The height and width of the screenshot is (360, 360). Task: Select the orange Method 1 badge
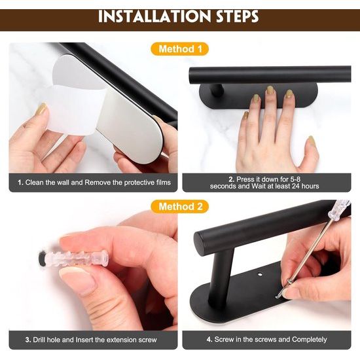click(180, 49)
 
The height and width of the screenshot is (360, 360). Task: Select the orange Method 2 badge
click(180, 206)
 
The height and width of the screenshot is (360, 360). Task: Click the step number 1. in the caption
click(20, 183)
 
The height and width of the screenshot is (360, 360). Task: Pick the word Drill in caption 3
click(39, 340)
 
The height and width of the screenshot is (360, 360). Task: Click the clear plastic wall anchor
click(76, 259)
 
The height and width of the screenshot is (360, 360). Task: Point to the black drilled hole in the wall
click(43, 259)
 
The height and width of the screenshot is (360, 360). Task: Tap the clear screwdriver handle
click(338, 209)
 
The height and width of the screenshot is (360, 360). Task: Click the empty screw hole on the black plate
click(260, 274)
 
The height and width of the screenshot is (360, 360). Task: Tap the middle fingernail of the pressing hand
click(270, 90)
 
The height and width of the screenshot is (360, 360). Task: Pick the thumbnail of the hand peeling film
click(41, 109)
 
